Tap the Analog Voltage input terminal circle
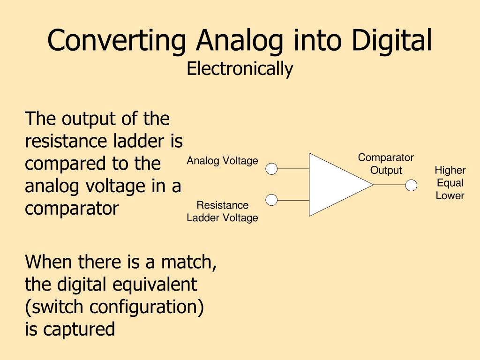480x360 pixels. pyautogui.click(x=271, y=169)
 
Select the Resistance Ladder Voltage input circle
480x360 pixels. pyautogui.click(x=271, y=200)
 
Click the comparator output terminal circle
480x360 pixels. pyautogui.click(x=411, y=186)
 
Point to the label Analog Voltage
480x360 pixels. pyautogui.click(x=222, y=161)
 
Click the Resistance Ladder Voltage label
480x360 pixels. pyautogui.click(x=222, y=211)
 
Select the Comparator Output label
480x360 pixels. pyautogui.click(x=386, y=164)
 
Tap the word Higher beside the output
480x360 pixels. pyautogui.click(x=450, y=170)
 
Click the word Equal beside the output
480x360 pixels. pyautogui.click(x=450, y=183)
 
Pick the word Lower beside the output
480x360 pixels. pyautogui.click(x=450, y=195)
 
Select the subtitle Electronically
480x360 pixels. pyautogui.click(x=240, y=69)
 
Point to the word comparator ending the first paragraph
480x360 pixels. pyautogui.click(x=72, y=209)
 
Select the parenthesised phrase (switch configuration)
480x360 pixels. pyautogui.click(x=114, y=307)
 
